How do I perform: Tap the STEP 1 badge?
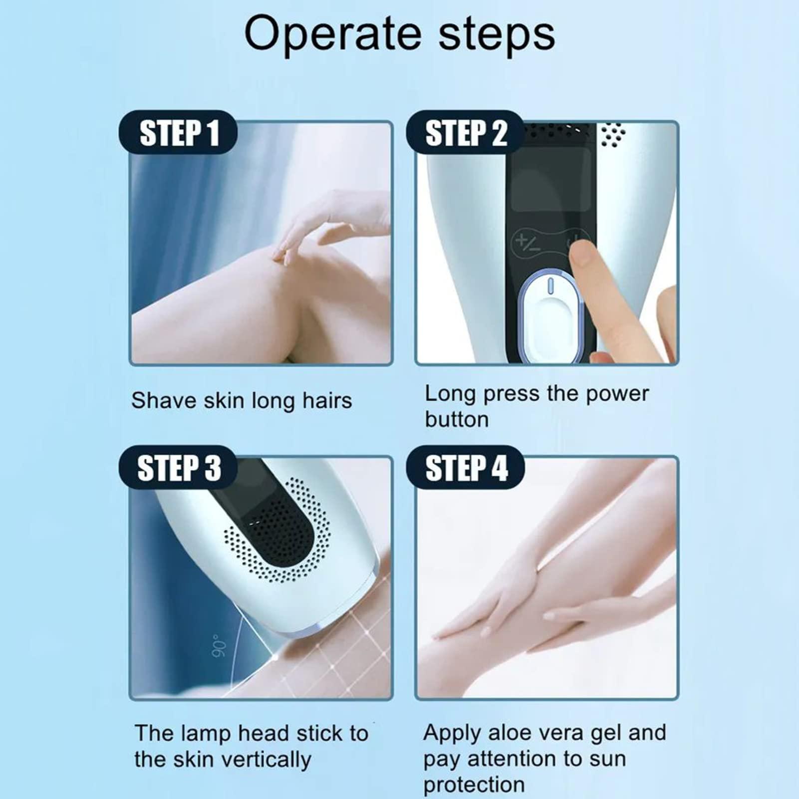tap(178, 133)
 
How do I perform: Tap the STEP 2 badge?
tap(465, 133)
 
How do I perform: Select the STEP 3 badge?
tap(178, 468)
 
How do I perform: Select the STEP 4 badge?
tap(465, 468)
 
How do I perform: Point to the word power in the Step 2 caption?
tap(617, 394)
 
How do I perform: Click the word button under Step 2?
tap(456, 419)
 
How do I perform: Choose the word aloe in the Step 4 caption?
tap(509, 733)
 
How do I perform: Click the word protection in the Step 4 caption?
tap(474, 785)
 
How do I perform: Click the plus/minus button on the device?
tap(528, 243)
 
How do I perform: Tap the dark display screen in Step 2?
tap(550, 185)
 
